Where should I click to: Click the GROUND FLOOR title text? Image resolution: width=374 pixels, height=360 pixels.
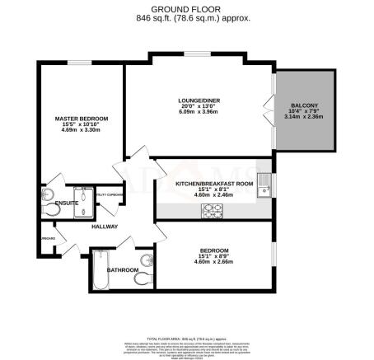tap(187, 7)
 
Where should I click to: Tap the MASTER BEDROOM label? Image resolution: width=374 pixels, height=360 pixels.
tap(82, 119)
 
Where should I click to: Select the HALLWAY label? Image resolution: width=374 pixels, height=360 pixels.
tap(105, 227)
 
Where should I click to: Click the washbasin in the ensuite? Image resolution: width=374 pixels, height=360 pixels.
tap(44, 194)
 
